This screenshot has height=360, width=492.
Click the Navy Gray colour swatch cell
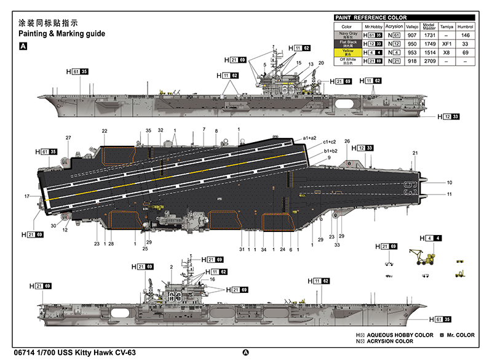point(346,36)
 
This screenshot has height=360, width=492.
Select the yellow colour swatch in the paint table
point(346,53)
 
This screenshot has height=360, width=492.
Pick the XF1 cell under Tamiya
point(447,44)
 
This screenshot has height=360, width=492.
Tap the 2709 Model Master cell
point(430,62)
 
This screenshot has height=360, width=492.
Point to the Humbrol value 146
point(466,36)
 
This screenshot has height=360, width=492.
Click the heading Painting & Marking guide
point(62,33)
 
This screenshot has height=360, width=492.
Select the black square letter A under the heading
point(23,46)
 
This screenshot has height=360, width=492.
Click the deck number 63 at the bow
point(410,188)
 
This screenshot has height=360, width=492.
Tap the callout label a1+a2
point(310,138)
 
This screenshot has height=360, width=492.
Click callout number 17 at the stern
point(27,196)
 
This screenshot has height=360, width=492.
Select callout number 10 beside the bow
point(450,183)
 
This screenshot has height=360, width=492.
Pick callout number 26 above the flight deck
point(347,141)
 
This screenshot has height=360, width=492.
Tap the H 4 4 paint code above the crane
point(430,238)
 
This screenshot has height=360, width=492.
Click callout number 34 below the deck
point(263,249)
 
